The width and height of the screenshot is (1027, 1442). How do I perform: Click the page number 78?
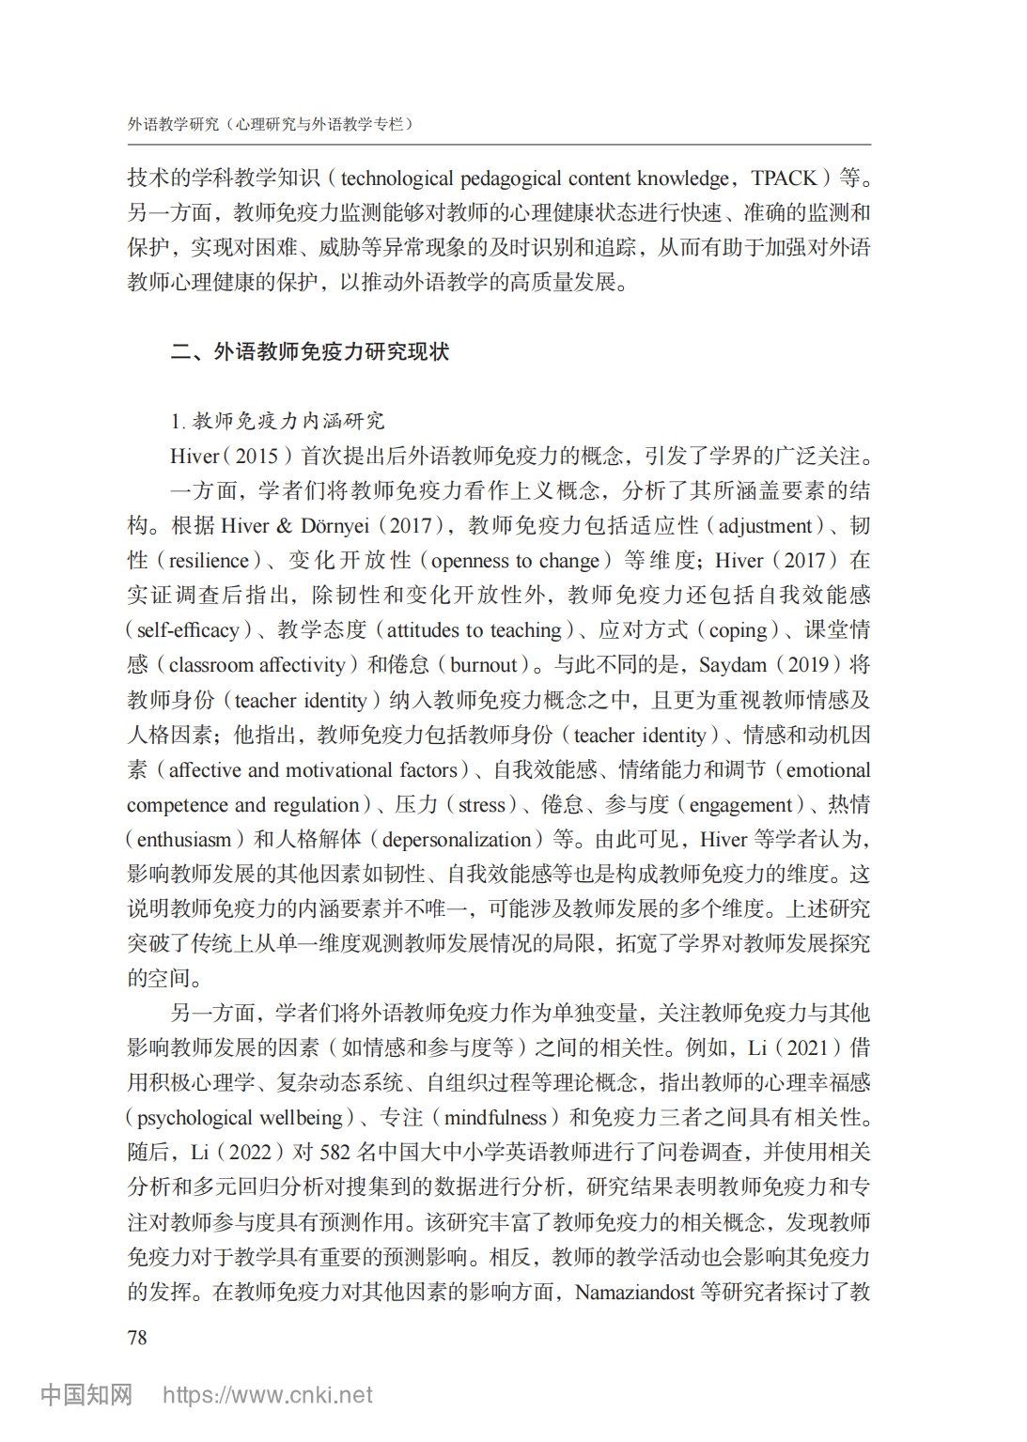pos(137,1337)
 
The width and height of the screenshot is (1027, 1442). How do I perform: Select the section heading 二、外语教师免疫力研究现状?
pos(310,351)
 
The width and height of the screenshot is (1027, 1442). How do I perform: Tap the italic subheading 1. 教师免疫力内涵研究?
pos(278,421)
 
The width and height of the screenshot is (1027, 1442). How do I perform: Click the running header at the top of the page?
pos(271,124)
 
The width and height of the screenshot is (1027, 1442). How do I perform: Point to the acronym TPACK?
pos(785,178)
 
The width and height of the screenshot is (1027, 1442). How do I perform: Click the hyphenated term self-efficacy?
pos(188,630)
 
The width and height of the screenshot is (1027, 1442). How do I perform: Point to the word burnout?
pos(484,665)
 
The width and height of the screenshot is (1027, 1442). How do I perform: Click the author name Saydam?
pos(733,665)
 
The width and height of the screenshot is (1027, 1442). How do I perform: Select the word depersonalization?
pos(458,840)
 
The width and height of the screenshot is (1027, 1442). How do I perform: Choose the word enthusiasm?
pos(184,840)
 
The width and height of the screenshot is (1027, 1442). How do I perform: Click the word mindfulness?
pos(495,1118)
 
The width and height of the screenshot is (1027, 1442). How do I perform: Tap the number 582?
pos(335,1153)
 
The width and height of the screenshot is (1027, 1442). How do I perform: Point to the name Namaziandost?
pos(634,1293)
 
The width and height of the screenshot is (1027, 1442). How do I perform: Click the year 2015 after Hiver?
pos(257,457)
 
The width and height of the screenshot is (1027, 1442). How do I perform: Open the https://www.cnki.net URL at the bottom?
pos(268,1395)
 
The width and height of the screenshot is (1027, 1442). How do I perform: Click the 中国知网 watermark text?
pos(86,1395)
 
